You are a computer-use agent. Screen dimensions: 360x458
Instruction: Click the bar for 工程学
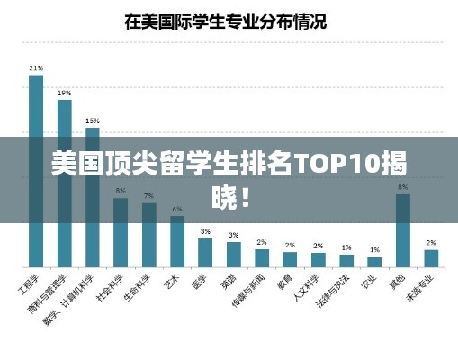pos(36,171)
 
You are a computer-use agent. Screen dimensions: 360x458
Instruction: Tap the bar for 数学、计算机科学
pos(93,197)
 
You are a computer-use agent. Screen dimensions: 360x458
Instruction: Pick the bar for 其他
pos(403,230)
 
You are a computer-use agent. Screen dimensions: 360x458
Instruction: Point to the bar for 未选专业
pos(431,257)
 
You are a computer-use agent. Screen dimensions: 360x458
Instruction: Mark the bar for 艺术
pos(177,241)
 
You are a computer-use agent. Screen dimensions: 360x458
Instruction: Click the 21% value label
pos(36,67)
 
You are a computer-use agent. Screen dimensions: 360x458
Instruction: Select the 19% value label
pos(65,93)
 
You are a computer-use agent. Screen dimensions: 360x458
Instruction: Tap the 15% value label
pos(93,120)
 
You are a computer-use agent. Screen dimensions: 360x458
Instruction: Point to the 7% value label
pos(148,195)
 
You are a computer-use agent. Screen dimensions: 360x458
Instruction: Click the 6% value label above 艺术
pos(177,209)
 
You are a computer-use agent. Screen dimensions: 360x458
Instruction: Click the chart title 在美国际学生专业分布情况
pos(225,20)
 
